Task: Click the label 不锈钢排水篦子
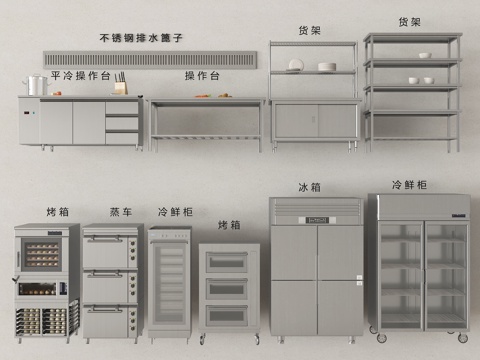[x=141, y=38]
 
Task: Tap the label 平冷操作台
[x=79, y=75]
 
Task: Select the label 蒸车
[x=121, y=212]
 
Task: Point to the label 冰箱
[x=309, y=187]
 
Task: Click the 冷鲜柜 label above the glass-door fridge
[x=409, y=185]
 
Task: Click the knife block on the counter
[x=120, y=86]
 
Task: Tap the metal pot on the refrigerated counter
[x=36, y=86]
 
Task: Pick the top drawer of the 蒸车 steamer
[x=110, y=251]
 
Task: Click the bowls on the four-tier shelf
[x=420, y=79]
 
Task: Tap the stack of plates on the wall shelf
[x=326, y=67]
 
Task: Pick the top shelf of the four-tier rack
[x=411, y=38]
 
